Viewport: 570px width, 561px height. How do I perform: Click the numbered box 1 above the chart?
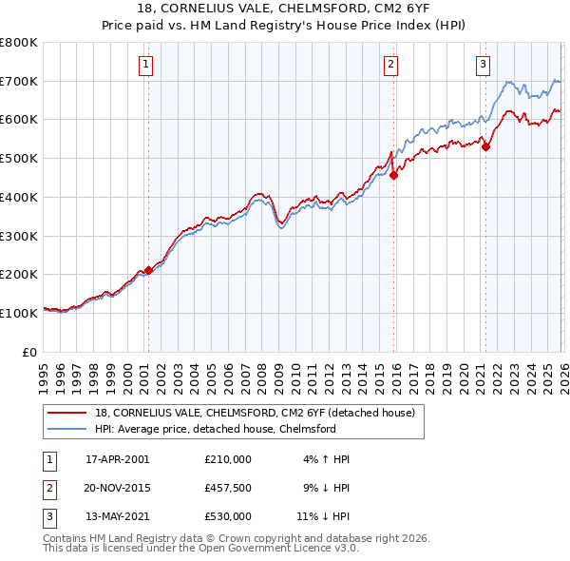146,65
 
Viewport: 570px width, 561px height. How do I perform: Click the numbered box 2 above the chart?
390,65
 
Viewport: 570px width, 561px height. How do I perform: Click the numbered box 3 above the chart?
483,65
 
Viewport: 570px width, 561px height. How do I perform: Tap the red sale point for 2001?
148,270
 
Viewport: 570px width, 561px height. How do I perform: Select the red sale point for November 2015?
393,174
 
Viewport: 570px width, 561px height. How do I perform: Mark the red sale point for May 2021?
485,146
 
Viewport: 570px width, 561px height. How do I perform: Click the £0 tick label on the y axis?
30,352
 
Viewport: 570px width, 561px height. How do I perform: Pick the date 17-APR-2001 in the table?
117,459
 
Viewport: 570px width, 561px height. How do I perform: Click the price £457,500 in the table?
227,488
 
